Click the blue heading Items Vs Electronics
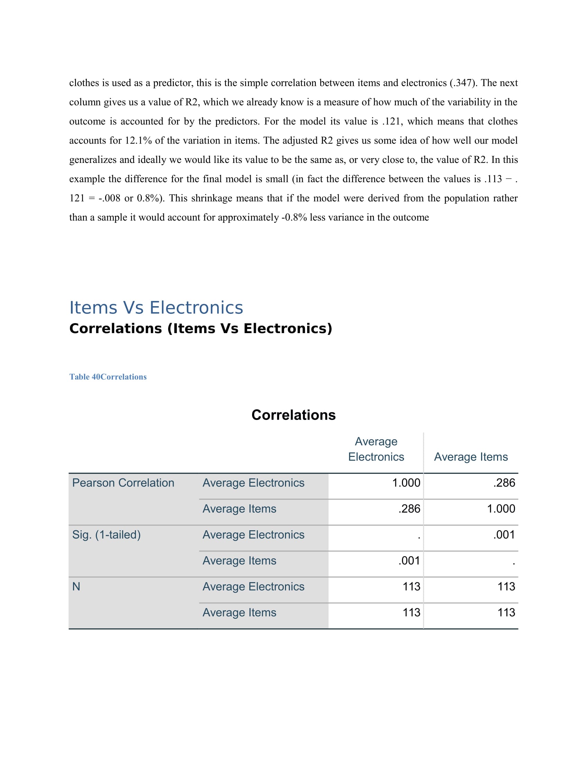tap(156, 308)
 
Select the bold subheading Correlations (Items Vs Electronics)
tap(201, 329)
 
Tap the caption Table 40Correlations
tap(108, 377)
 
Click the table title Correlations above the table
tap(293, 415)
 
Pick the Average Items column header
tap(471, 457)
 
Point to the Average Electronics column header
tap(376, 449)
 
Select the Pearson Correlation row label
tap(123, 483)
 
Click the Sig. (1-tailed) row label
tap(106, 535)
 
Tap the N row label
tap(76, 587)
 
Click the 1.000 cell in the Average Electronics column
tap(406, 483)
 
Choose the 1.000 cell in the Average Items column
tap(500, 509)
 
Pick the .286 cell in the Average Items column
tap(504, 483)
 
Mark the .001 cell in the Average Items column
tap(504, 535)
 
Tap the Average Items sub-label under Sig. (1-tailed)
tap(239, 561)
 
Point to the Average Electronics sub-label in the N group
tap(253, 587)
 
